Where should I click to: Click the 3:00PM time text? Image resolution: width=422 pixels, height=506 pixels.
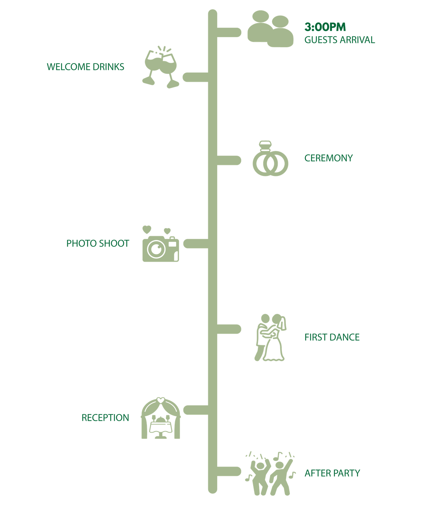pos(325,27)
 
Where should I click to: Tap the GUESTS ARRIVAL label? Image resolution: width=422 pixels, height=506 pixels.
pos(340,40)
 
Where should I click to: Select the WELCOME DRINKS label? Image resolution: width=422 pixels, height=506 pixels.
pos(86,67)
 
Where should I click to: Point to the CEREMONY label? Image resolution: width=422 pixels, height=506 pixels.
pos(329,158)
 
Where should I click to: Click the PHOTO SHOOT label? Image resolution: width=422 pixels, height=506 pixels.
pos(98,243)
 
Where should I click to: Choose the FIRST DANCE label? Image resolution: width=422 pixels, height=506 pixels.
pos(332,337)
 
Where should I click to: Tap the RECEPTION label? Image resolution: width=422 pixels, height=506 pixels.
pos(105,418)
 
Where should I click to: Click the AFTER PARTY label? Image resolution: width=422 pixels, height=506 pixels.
pos(332,473)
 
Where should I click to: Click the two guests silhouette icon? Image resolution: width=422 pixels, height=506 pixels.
pos(270,29)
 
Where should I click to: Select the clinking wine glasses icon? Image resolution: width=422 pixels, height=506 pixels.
pos(161,67)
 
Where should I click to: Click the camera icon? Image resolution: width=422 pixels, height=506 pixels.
pos(161,249)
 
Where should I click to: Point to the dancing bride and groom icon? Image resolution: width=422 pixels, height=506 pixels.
pos(270,337)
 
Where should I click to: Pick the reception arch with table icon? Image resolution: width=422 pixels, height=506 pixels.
pos(161,418)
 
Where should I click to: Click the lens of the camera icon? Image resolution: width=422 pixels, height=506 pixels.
pos(156,249)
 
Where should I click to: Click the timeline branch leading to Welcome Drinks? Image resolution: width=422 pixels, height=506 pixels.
pos(196,77)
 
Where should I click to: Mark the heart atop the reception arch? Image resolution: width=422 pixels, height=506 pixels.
pos(161,400)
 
